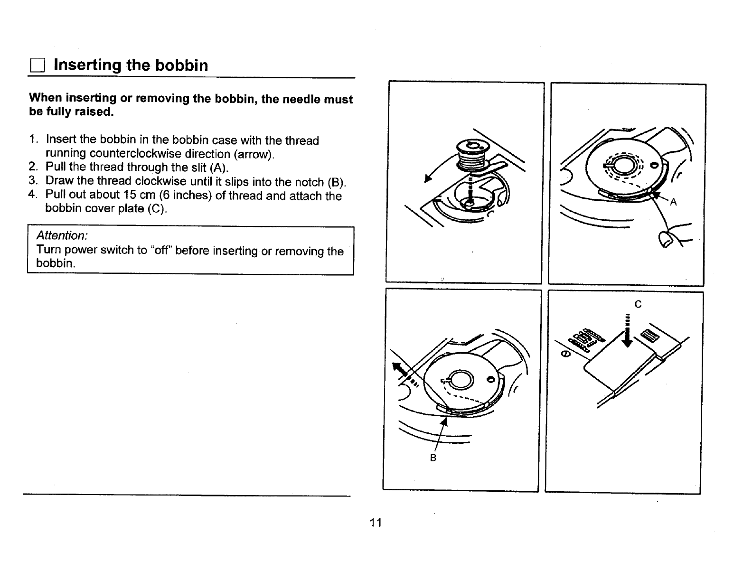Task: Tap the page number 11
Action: (x=376, y=523)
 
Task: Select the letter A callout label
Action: (x=673, y=203)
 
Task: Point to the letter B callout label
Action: (x=432, y=458)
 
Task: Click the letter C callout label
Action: (x=638, y=304)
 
